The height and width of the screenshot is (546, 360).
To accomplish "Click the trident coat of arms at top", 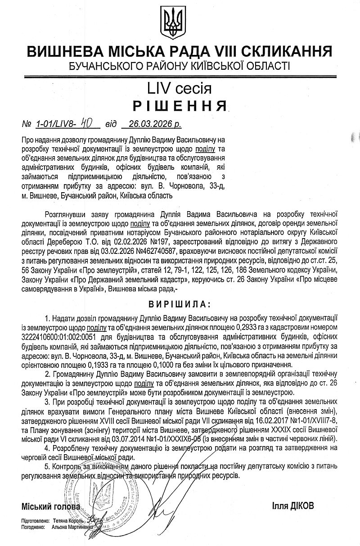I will pos(173,22).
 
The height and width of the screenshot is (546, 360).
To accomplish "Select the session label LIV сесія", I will pos(180,87).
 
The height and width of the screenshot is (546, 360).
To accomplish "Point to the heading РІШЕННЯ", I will pos(180,106).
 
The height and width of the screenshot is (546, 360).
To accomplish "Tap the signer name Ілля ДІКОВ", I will pos(293,505).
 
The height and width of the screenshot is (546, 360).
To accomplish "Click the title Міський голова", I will pos(51,506).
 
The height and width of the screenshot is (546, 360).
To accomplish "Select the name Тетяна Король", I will pos(68,520).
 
